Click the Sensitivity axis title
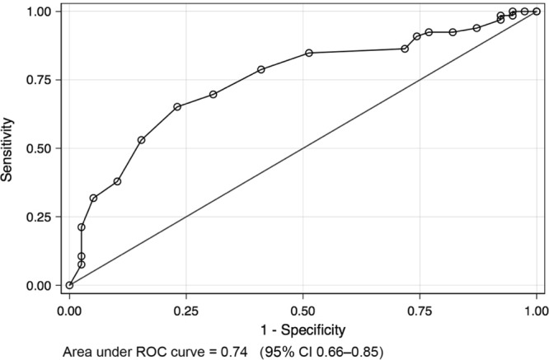pos(11,148)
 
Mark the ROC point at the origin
pos(69,285)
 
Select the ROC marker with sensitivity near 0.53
pos(141,140)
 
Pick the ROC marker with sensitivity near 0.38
pos(117,181)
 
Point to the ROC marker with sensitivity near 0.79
pos(261,69)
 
